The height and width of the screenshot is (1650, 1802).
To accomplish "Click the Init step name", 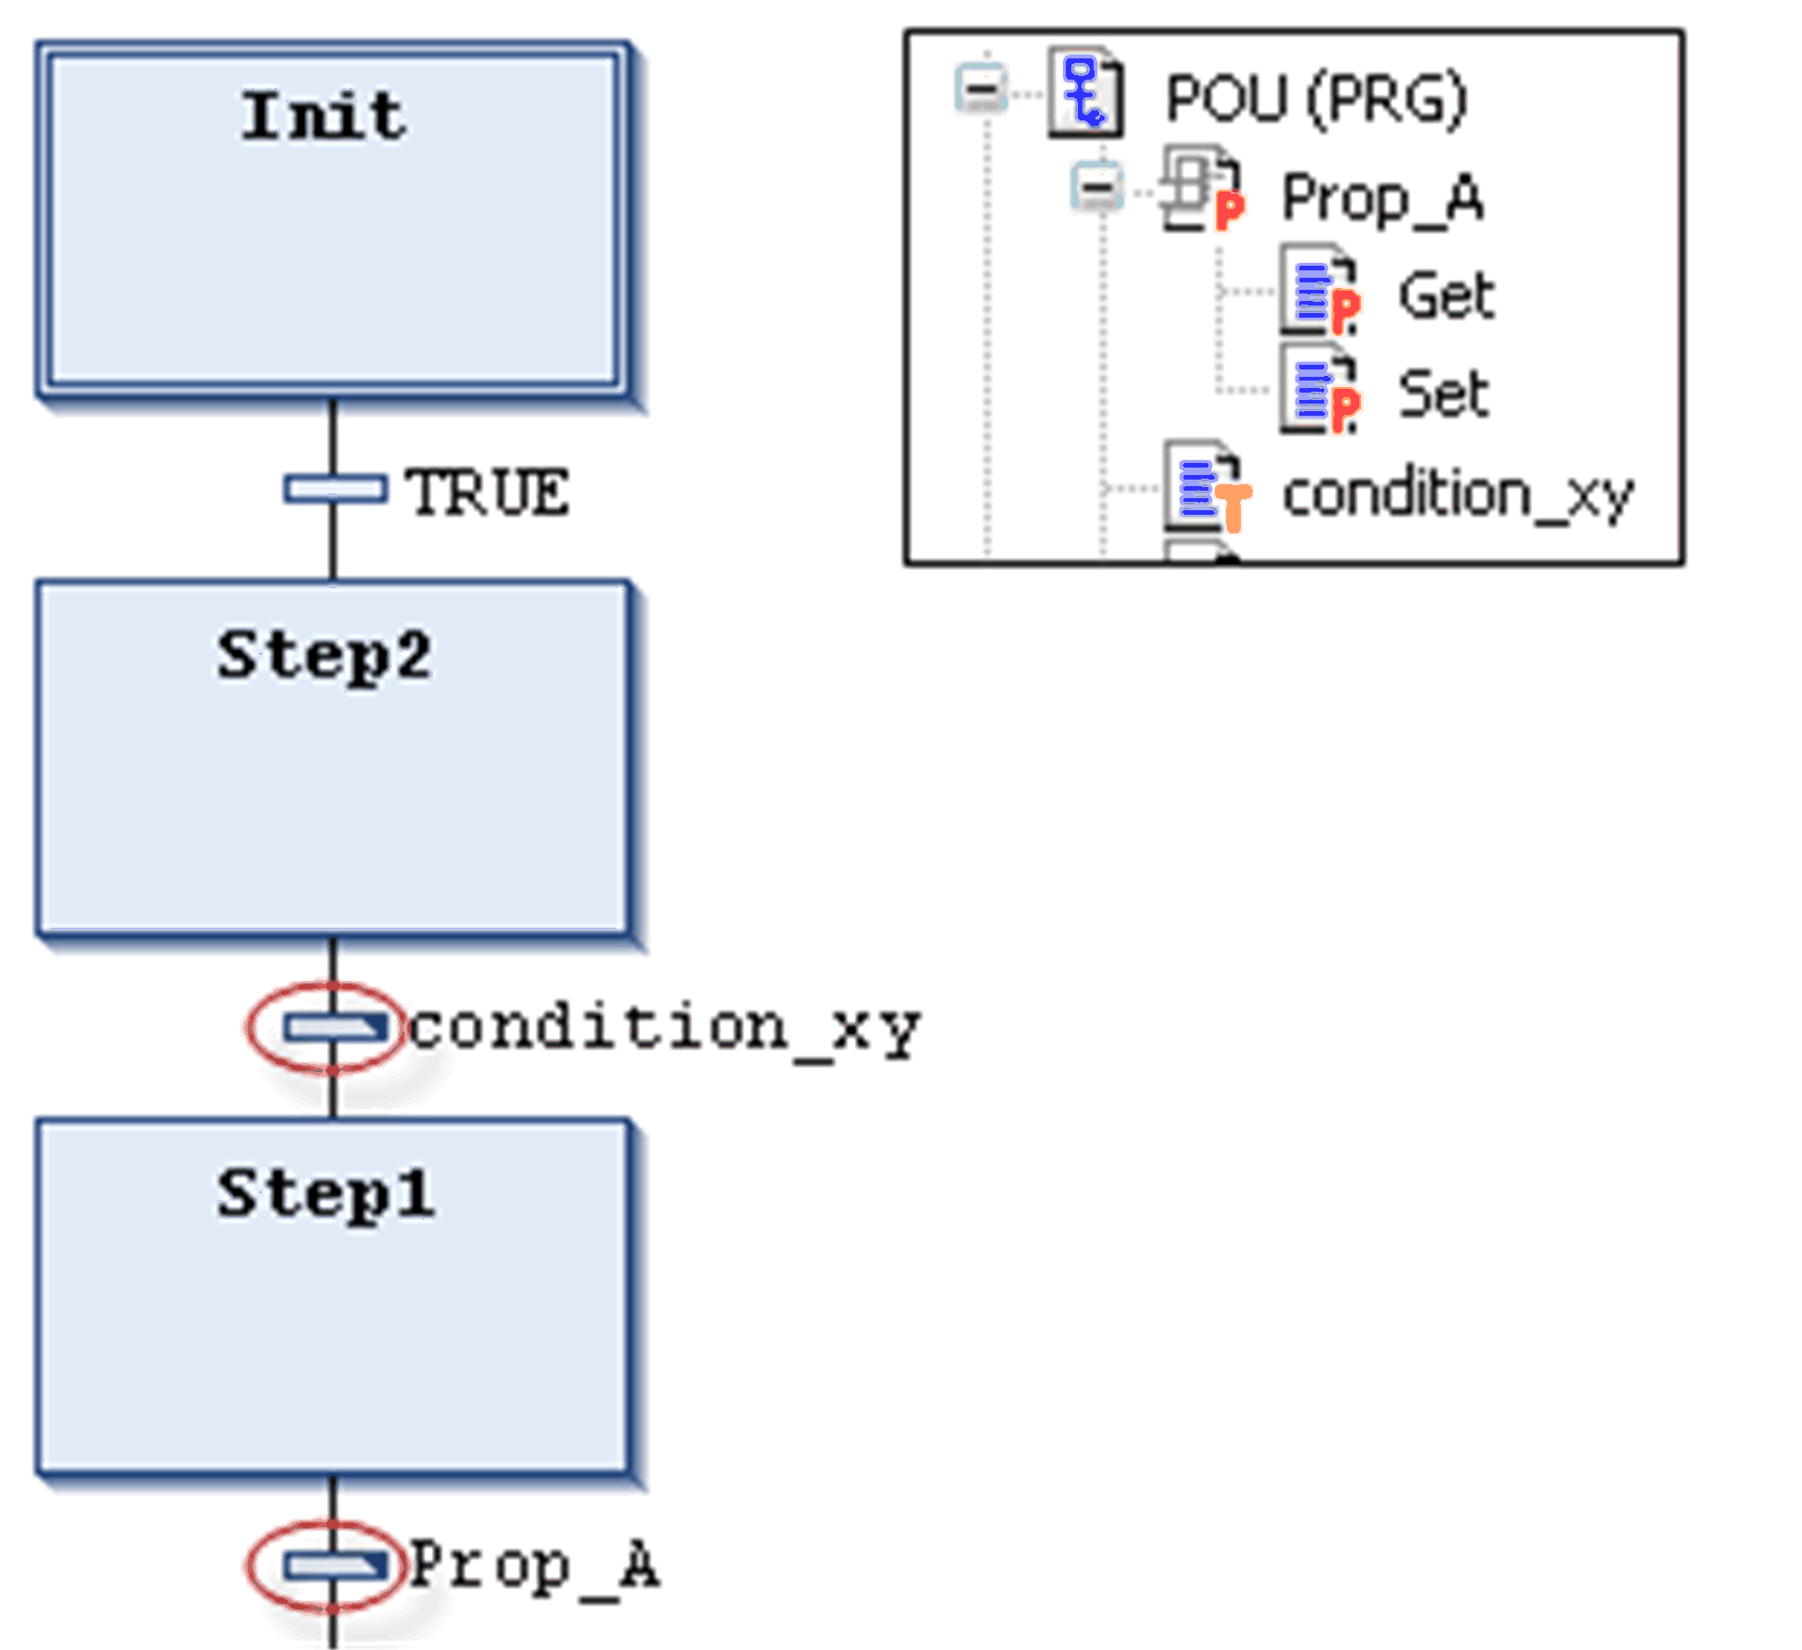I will pyautogui.click(x=323, y=117).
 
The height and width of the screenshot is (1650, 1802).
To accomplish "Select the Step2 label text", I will pyautogui.click(x=324, y=656).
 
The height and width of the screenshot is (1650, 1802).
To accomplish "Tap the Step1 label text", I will pyautogui.click(x=325, y=1194).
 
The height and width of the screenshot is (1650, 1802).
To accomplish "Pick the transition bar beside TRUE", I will pyautogui.click(x=334, y=488).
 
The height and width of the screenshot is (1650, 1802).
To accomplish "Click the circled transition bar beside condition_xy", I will pyautogui.click(x=334, y=1027).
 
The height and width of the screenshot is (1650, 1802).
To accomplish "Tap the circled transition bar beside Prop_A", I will pyautogui.click(x=334, y=1565).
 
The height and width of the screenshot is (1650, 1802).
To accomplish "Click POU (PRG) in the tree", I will pyautogui.click(x=1316, y=99).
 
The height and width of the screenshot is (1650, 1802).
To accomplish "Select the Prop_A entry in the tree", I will pyautogui.click(x=1382, y=198).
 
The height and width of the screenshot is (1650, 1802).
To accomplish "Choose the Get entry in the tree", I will pyautogui.click(x=1446, y=296).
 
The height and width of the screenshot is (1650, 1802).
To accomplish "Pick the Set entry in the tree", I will pyautogui.click(x=1444, y=394).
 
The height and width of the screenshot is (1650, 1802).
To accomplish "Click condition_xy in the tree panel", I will pyautogui.click(x=1458, y=494).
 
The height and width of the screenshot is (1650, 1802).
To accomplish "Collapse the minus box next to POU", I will pyautogui.click(x=982, y=90).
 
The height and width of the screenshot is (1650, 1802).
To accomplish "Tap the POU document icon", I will pyautogui.click(x=1085, y=93).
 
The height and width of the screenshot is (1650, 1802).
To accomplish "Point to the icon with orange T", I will pyautogui.click(x=1208, y=487).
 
